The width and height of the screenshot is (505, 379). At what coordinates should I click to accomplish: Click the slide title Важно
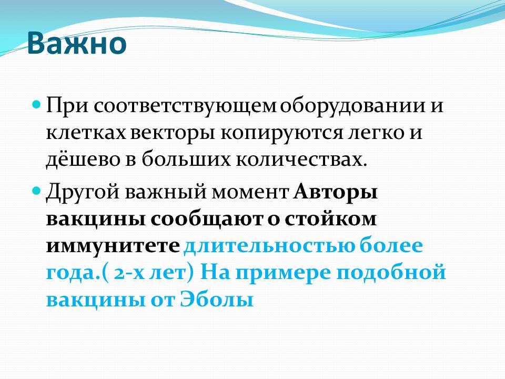(x=77, y=43)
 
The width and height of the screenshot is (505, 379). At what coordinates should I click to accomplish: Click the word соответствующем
(x=185, y=106)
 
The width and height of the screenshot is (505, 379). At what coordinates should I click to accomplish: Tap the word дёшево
(x=83, y=159)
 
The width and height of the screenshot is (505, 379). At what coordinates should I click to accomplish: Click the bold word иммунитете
(x=113, y=246)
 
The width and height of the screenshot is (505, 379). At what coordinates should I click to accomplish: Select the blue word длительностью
(x=270, y=246)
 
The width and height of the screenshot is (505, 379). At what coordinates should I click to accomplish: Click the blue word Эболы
(x=216, y=299)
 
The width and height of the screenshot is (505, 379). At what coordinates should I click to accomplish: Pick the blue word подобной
(x=391, y=273)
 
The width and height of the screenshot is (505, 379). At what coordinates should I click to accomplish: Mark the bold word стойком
(x=330, y=219)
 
